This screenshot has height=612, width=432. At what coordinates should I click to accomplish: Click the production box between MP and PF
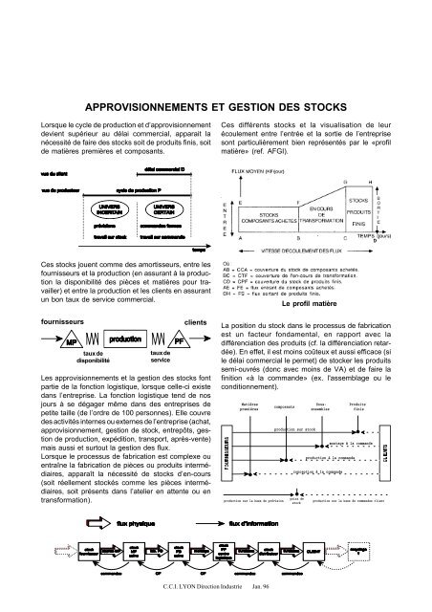click(x=112, y=339)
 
